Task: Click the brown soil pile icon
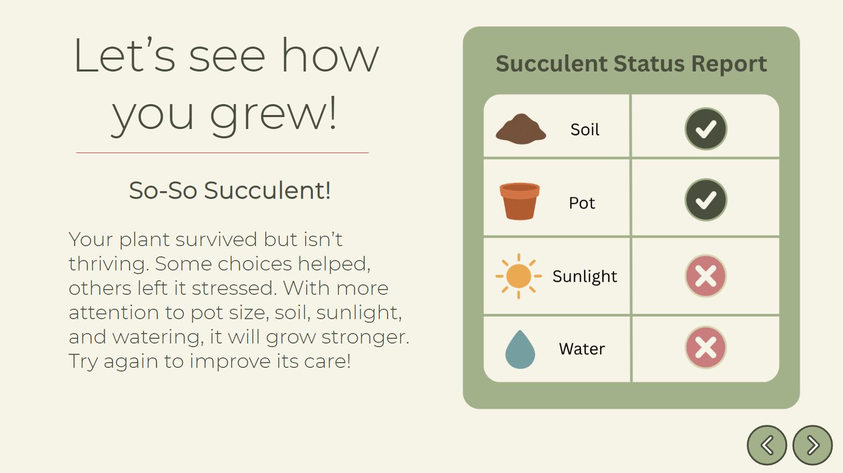[521, 128]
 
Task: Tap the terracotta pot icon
[520, 202]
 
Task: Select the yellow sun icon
[519, 276]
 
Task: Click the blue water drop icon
[520, 349]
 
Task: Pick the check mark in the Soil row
[706, 128]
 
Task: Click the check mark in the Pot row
[706, 200]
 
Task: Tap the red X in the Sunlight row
[706, 276]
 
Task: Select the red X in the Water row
[706, 347]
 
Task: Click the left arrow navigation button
[767, 445]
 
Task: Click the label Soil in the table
[584, 130]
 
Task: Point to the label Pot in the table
[582, 203]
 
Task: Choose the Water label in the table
[582, 349]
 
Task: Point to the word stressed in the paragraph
[234, 288]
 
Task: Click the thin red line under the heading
[222, 153]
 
